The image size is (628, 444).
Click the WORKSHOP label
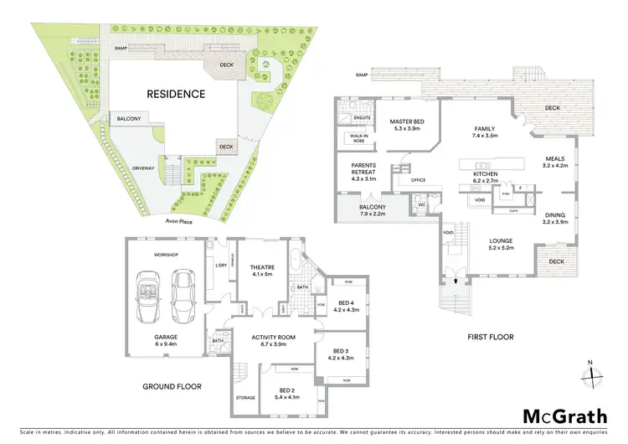pyautogui.click(x=167, y=255)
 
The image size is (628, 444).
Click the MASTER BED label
pyautogui.click(x=407, y=122)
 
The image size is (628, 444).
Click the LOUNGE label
pyautogui.click(x=501, y=241)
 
